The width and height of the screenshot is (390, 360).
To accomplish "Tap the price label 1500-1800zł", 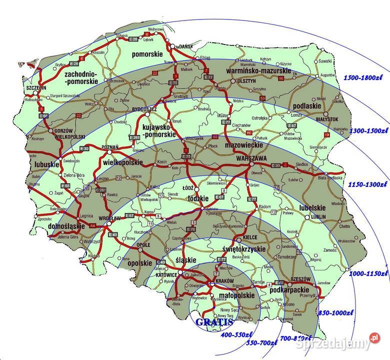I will pyautogui.click(x=365, y=78).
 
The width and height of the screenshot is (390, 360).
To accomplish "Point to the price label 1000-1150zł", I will pyautogui.click(x=369, y=273).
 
